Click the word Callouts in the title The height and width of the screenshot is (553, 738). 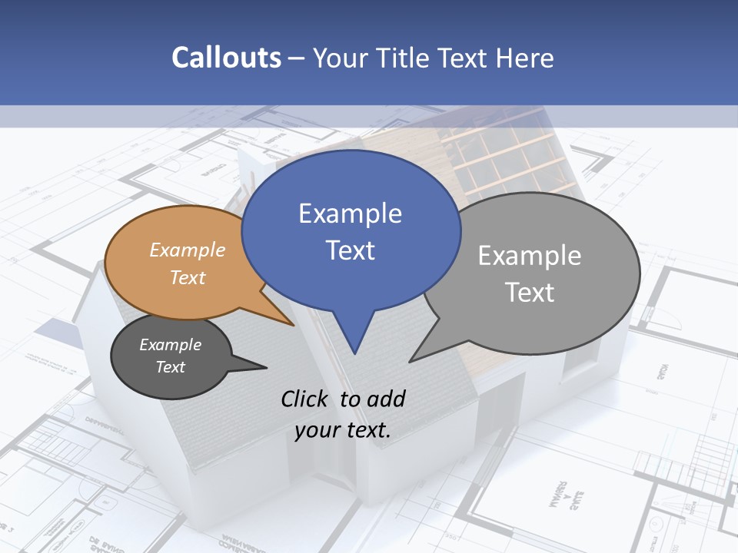click(226, 58)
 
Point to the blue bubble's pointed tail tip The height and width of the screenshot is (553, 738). click(354, 353)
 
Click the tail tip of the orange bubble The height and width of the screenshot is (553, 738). click(294, 326)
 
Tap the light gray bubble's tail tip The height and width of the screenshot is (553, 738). click(410, 362)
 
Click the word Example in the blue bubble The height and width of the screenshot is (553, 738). click(350, 214)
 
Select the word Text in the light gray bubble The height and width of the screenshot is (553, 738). click(530, 293)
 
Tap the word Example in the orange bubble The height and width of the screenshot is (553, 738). click(187, 250)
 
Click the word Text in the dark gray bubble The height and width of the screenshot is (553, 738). click(170, 367)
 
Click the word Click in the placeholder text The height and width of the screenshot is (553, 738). click(307, 399)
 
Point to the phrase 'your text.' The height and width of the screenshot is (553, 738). click(342, 430)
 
